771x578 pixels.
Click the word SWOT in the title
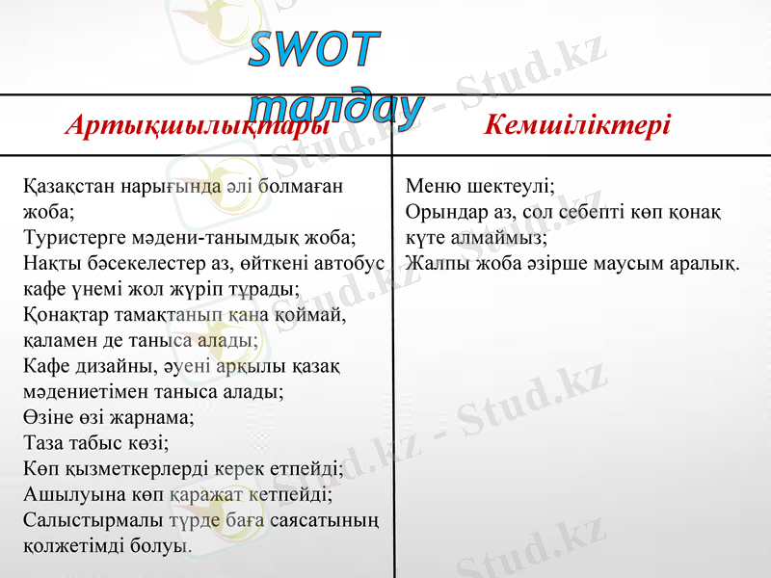(313, 50)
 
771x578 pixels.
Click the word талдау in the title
(338, 109)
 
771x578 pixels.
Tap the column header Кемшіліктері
(578, 126)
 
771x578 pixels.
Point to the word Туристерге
(68, 236)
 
